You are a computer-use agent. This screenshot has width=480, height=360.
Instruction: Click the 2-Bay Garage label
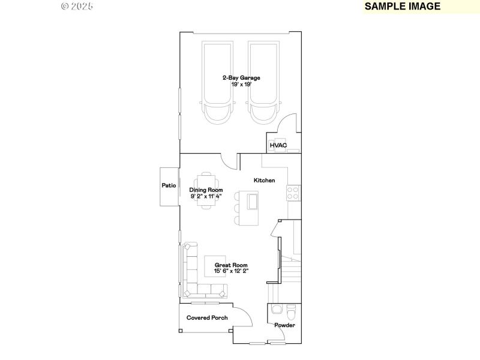(241, 78)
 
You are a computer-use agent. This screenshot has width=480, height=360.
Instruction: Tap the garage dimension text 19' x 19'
(241, 85)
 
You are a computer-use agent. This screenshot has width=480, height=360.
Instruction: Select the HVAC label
(278, 146)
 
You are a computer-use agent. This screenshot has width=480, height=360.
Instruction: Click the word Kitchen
(264, 180)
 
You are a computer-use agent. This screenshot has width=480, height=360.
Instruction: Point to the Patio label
(169, 186)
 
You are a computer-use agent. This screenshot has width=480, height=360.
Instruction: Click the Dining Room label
(206, 190)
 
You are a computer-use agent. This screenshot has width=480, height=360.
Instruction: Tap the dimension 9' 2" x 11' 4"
(206, 196)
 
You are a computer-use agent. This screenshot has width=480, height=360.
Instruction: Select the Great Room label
(232, 265)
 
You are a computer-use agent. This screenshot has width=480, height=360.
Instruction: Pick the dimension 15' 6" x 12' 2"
(232, 271)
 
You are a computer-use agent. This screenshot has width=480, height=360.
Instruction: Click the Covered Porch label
(207, 317)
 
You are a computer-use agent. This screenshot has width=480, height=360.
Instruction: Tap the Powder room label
(284, 326)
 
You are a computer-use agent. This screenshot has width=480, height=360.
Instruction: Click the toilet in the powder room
(291, 313)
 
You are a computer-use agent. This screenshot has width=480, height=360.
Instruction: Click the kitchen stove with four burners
(293, 193)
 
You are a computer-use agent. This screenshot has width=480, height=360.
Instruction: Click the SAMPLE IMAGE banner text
(403, 7)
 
